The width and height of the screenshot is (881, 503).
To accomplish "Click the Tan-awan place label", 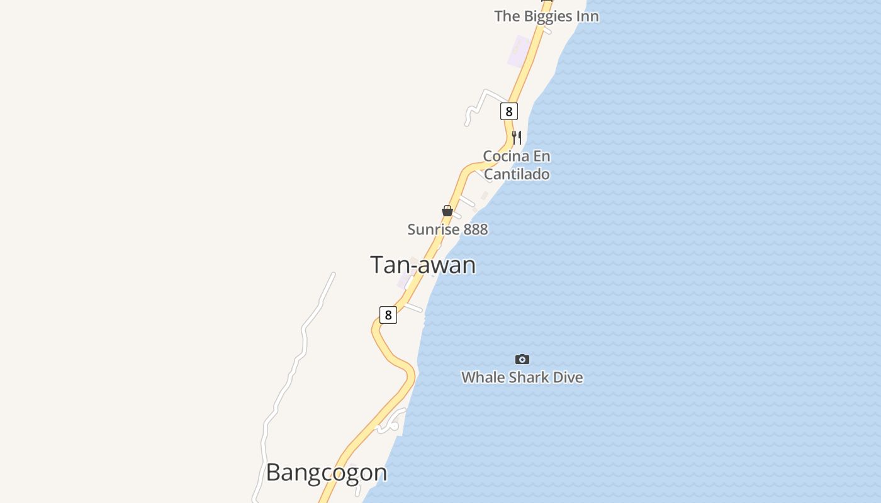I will coord(422,265).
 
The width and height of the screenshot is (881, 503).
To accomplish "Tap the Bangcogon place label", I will coord(326,473).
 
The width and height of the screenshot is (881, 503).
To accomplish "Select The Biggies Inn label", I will coord(546,16).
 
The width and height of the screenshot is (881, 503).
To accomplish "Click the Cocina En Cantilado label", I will coord(517,165).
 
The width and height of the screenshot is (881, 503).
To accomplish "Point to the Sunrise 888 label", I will coord(447,229).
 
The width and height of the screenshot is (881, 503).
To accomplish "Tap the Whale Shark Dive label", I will coord(522,377).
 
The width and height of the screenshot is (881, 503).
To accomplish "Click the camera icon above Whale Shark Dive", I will coord(522,360).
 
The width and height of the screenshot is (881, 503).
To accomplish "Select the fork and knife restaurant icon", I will coord(517,137).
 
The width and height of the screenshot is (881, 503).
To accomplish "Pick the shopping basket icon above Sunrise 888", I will coord(447,211).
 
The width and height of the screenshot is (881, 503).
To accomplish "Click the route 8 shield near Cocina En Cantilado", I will coord(509,111).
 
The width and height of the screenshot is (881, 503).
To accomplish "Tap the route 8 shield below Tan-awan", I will coord(388,315).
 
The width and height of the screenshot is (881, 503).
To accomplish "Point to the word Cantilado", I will coord(517,174).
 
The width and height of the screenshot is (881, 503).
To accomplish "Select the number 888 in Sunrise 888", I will coord(476,229).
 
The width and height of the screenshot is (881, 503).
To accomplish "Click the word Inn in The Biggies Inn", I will coord(586,16).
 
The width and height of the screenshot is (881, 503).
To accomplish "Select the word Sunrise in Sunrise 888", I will coord(434,229).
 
